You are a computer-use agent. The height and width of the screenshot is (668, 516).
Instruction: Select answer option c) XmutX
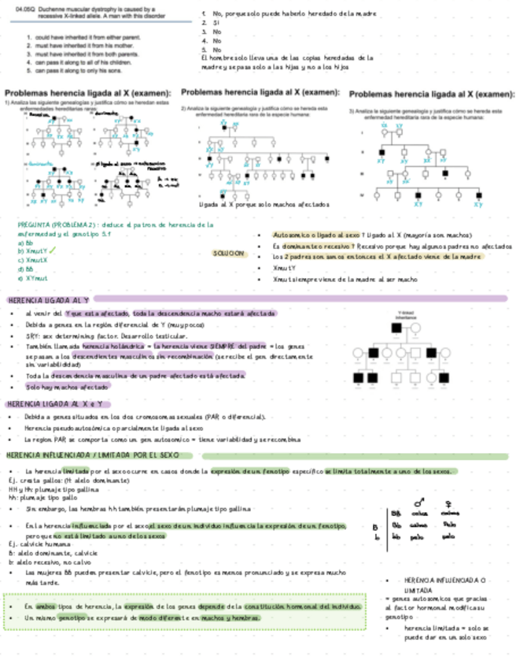(31, 259)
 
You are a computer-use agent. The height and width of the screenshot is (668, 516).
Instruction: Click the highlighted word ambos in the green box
(45, 606)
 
